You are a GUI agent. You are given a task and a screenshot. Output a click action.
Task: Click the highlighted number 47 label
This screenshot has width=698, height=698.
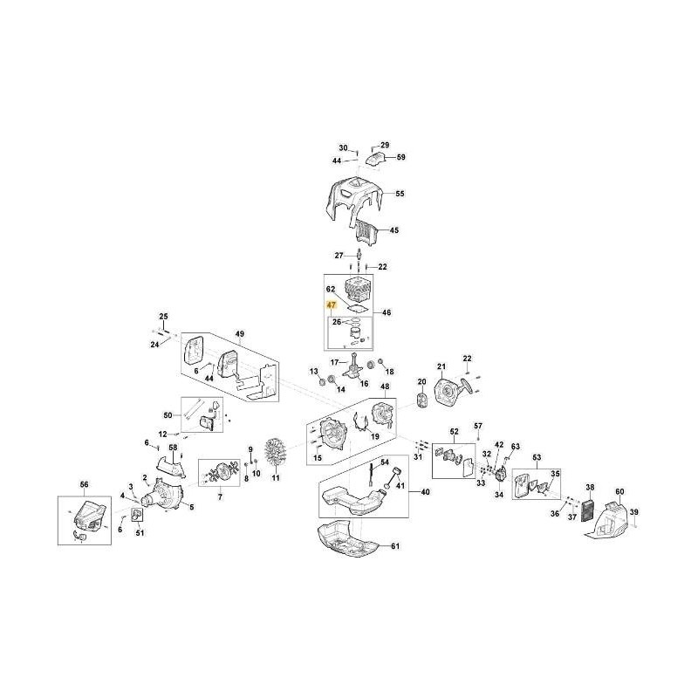point(331,306)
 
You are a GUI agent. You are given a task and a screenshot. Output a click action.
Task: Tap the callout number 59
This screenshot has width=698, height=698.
point(401,157)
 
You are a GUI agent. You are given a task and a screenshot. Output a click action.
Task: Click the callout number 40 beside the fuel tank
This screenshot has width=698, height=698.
point(425,493)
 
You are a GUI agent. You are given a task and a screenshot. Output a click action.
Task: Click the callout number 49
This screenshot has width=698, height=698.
point(241,334)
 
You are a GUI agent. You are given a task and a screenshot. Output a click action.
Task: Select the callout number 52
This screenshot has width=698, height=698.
point(454,432)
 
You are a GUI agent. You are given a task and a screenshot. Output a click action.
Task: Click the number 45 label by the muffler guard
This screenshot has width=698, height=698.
point(394,230)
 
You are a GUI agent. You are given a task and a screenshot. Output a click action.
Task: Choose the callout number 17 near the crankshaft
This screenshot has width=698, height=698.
point(333,362)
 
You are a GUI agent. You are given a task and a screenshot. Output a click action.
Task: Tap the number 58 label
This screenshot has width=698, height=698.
point(173,448)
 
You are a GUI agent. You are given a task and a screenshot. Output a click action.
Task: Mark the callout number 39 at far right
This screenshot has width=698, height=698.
point(634,511)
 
